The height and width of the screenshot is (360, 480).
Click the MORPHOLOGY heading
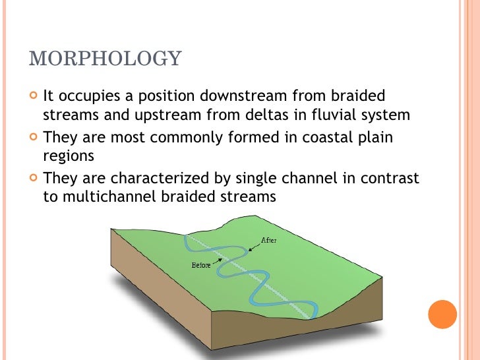[x=105, y=58]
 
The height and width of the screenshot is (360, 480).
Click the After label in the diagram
[x=269, y=240]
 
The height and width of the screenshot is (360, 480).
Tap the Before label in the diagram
[x=201, y=265]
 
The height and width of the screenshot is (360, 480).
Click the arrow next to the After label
[x=254, y=245]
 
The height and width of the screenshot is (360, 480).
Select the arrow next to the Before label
[x=218, y=261]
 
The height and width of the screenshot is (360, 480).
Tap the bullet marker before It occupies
[x=34, y=95]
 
